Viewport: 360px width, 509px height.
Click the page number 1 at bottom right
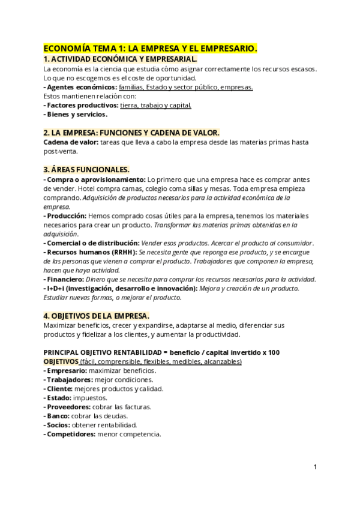coord(315,466)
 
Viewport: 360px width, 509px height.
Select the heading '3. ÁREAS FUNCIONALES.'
coord(86,170)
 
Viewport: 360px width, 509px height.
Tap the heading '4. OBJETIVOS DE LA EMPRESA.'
coord(97,316)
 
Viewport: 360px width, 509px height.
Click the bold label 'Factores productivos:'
coord(82,106)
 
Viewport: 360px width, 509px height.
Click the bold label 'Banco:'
coord(58,416)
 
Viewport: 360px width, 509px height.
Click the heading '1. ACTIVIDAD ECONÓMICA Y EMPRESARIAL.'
coord(120,59)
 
